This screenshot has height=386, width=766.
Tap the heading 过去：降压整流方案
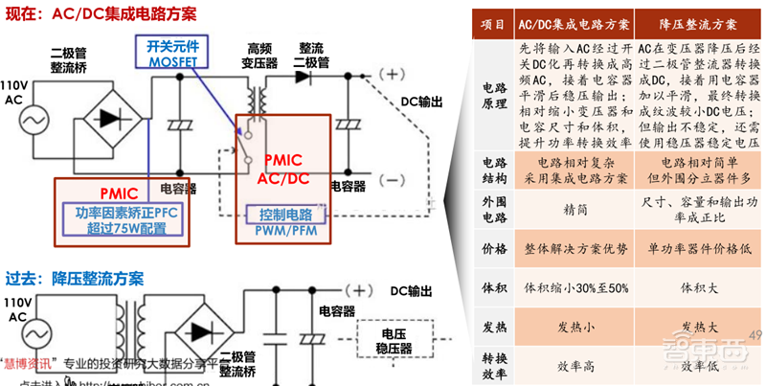click(75, 279)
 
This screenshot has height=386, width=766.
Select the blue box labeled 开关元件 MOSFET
click(170, 53)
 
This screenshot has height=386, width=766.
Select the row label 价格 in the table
click(494, 249)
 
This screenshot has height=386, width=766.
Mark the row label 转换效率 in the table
click(494, 365)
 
